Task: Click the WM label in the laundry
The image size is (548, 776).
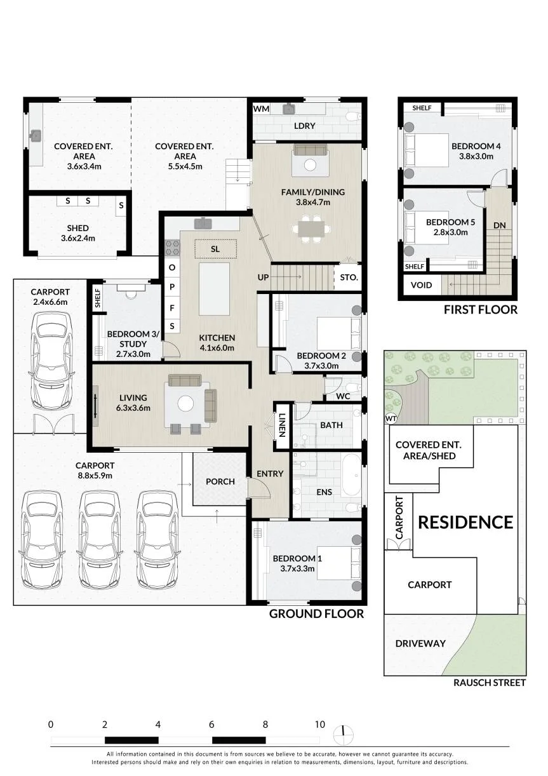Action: click(261, 109)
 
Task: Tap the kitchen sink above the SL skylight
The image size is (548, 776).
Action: click(203, 223)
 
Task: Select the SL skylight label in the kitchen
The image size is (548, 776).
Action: click(215, 249)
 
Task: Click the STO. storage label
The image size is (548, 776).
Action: click(349, 278)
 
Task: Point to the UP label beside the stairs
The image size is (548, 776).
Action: click(263, 278)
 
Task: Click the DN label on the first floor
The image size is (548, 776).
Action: click(499, 225)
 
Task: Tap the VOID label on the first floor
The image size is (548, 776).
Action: click(421, 285)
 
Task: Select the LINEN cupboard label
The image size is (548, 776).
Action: click(282, 425)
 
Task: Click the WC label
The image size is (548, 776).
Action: click(343, 396)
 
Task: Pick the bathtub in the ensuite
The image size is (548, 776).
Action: click(352, 475)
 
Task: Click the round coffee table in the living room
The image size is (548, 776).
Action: click(185, 404)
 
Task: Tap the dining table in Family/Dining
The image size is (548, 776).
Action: click(311, 229)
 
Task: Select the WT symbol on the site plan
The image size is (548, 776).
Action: click(391, 419)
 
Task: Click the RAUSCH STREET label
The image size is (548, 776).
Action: click(490, 683)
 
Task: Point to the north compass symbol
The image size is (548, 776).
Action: click(344, 734)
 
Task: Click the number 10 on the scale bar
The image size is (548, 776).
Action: click(320, 725)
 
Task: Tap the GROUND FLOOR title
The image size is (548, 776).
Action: click(317, 614)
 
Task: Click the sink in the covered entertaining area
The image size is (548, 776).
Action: click(36, 136)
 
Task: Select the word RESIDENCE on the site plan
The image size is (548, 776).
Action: click(465, 523)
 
